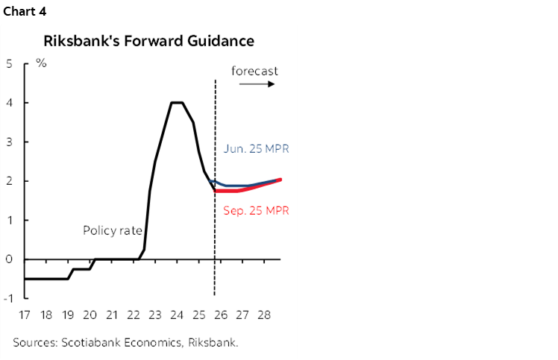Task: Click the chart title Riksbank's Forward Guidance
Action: pyautogui.click(x=148, y=40)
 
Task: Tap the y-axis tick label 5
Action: pyautogui.click(x=9, y=63)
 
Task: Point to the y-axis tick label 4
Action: pyautogui.click(x=9, y=103)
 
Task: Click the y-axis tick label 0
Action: pyautogui.click(x=9, y=259)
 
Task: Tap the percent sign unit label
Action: pyautogui.click(x=41, y=63)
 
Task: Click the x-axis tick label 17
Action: pyautogui.click(x=25, y=316)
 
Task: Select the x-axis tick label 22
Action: pyautogui.click(x=134, y=316)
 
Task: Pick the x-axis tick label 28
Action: pyautogui.click(x=263, y=316)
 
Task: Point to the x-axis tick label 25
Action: pyautogui.click(x=198, y=316)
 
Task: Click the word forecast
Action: pyautogui.click(x=254, y=72)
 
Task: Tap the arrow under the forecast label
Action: pyautogui.click(x=257, y=84)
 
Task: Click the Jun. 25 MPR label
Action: pyautogui.click(x=256, y=149)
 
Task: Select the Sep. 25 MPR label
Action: pyautogui.click(x=256, y=211)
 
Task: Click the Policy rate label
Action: pyautogui.click(x=112, y=231)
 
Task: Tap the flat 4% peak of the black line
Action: pyautogui.click(x=178, y=103)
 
